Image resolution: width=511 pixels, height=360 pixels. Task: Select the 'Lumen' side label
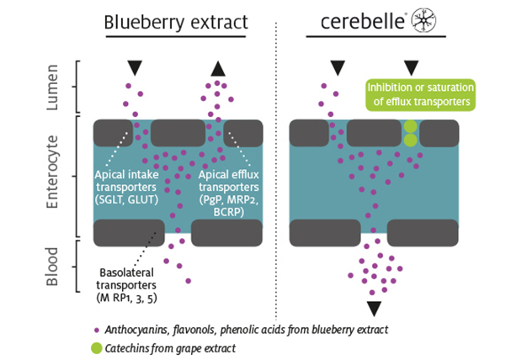coord(51,86)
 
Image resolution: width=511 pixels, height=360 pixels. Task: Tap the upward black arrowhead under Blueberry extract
coord(218,68)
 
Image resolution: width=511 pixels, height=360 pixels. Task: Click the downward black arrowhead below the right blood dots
coord(374,308)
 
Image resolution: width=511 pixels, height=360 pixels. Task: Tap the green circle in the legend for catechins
coord(99,345)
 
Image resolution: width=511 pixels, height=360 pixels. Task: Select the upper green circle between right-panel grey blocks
coord(410,126)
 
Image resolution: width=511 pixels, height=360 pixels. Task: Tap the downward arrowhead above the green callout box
coord(412,67)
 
